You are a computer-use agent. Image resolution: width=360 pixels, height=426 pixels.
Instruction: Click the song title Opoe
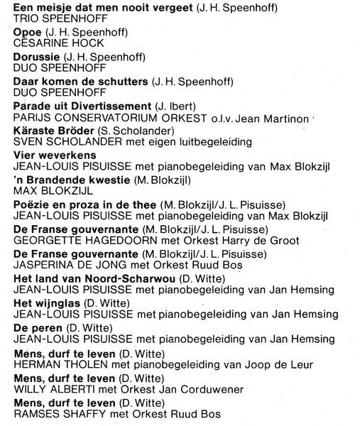(x=27, y=33)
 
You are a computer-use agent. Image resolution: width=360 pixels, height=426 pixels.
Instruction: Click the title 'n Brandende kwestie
(x=62, y=180)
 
